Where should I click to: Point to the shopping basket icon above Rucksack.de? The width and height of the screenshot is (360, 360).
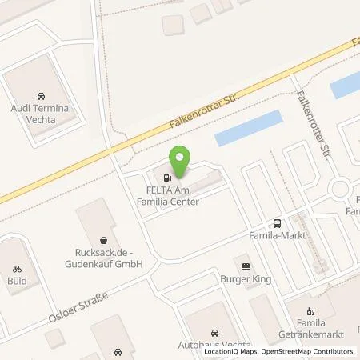coord(103,239)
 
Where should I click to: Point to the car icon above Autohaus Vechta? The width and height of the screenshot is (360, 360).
coord(214,332)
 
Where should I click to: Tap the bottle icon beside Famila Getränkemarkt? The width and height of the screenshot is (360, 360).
coord(313,310)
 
